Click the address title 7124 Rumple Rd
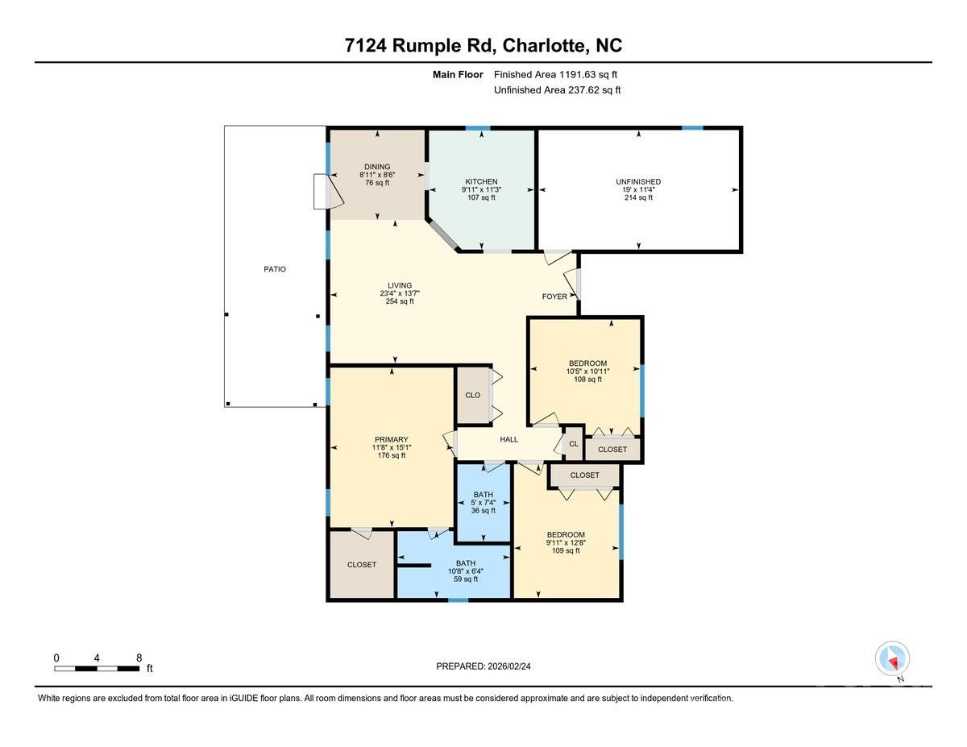click(483, 45)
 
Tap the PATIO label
click(274, 269)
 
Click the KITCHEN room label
click(481, 181)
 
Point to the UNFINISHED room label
click(638, 182)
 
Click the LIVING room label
click(399, 285)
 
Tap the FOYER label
click(554, 297)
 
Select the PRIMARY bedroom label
click(390, 439)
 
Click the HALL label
click(508, 439)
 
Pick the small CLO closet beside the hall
click(473, 395)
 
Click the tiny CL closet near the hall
click(573, 443)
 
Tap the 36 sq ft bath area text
click(483, 510)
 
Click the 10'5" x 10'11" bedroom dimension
click(587, 371)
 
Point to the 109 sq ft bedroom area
click(565, 551)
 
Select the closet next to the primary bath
click(361, 565)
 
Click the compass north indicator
click(892, 659)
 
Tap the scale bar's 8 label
click(139, 658)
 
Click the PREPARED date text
click(484, 666)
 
